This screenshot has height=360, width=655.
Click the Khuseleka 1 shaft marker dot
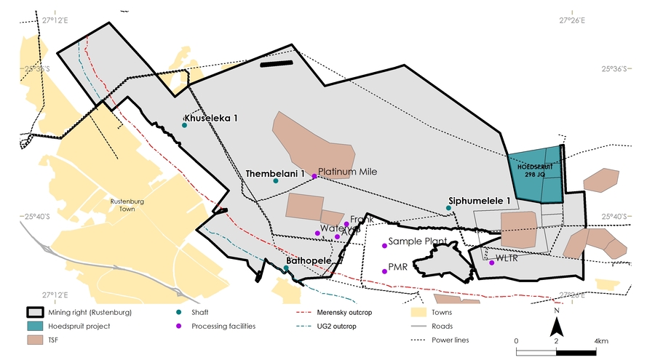(x=184, y=125)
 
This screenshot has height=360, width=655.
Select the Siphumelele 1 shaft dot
(x=448, y=208)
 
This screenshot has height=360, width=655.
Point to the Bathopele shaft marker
(x=286, y=268)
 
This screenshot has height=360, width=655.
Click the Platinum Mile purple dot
(x=314, y=176)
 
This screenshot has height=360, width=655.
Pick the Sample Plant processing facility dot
(x=384, y=246)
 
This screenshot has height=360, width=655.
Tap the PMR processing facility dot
(x=384, y=271)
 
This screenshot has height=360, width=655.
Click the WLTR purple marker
(x=492, y=263)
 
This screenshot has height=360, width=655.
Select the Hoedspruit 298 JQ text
(x=536, y=169)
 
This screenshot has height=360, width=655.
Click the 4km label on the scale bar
(x=600, y=340)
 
